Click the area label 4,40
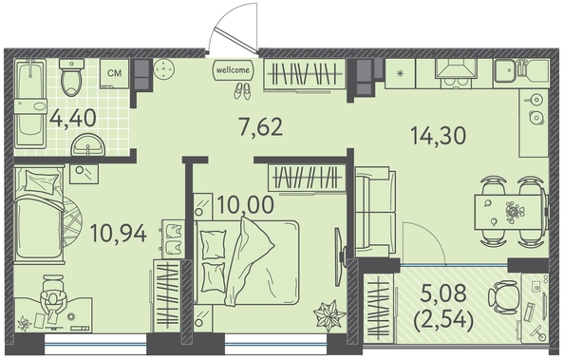pyautogui.click(x=73, y=119)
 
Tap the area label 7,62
pyautogui.click(x=261, y=127)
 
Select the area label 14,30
pyautogui.click(x=438, y=136)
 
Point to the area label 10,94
pyautogui.click(x=119, y=233)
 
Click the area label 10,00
pyautogui.click(x=246, y=205)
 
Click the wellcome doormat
pyautogui.click(x=233, y=70)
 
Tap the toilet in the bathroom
pyautogui.click(x=71, y=77)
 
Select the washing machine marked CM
pyautogui.click(x=114, y=73)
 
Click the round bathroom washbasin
pyautogui.click(x=88, y=145)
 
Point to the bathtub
pyautogui.click(x=30, y=104)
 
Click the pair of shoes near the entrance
pyautogui.click(x=242, y=91)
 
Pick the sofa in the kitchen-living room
pyautogui.click(x=375, y=212)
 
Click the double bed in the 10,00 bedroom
pyautogui.click(x=247, y=263)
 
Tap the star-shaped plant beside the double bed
pyautogui.click(x=329, y=315)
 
